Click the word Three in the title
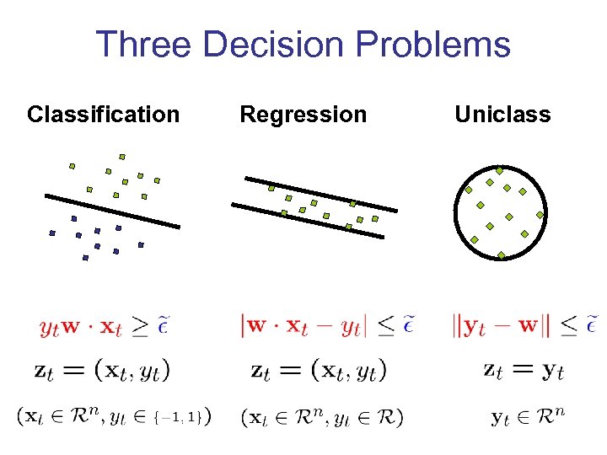tap(144, 44)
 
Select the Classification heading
tap(103, 114)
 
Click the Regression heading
tap(303, 114)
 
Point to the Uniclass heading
tap(502, 114)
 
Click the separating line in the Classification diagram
tap(112, 211)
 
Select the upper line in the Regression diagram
tap(320, 194)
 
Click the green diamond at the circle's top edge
tap(499, 170)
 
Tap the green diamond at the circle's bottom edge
tap(502, 255)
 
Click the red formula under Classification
tap(109, 325)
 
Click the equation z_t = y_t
tap(524, 369)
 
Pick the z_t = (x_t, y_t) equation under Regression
tap(319, 369)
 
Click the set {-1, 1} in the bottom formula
tap(181, 416)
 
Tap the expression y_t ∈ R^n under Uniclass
tap(527, 416)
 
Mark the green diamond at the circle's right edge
tap(540, 215)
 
